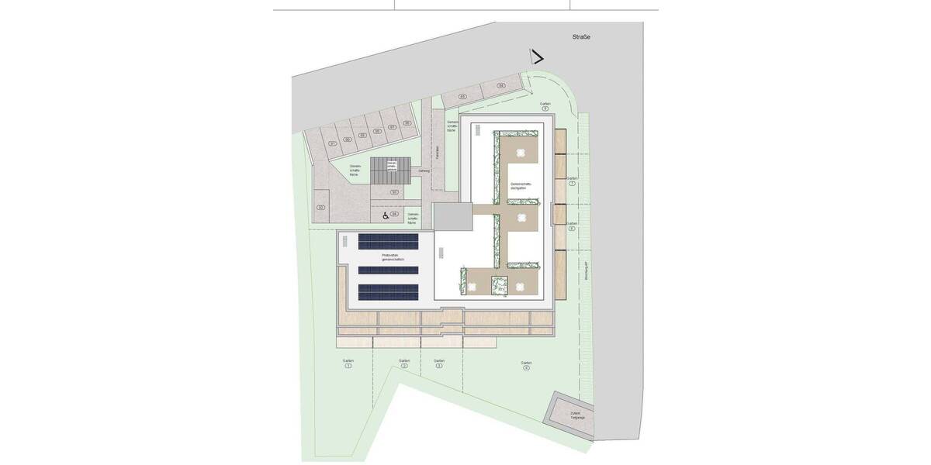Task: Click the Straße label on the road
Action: pos(581,37)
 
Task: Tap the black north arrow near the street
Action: pos(536,57)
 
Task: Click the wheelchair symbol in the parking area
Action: pos(385,215)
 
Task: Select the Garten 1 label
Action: pos(348,363)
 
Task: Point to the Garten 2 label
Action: pos(404,363)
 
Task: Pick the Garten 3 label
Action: pos(439,363)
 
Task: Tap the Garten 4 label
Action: pos(526,364)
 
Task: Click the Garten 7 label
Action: pos(572,181)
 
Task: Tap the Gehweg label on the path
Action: pos(424,171)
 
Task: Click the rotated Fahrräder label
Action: pos(438,152)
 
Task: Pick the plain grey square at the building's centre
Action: pos(452,218)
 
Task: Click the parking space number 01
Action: pos(332,143)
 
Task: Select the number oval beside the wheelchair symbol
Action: pos(394,214)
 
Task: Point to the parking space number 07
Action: pos(393,126)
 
